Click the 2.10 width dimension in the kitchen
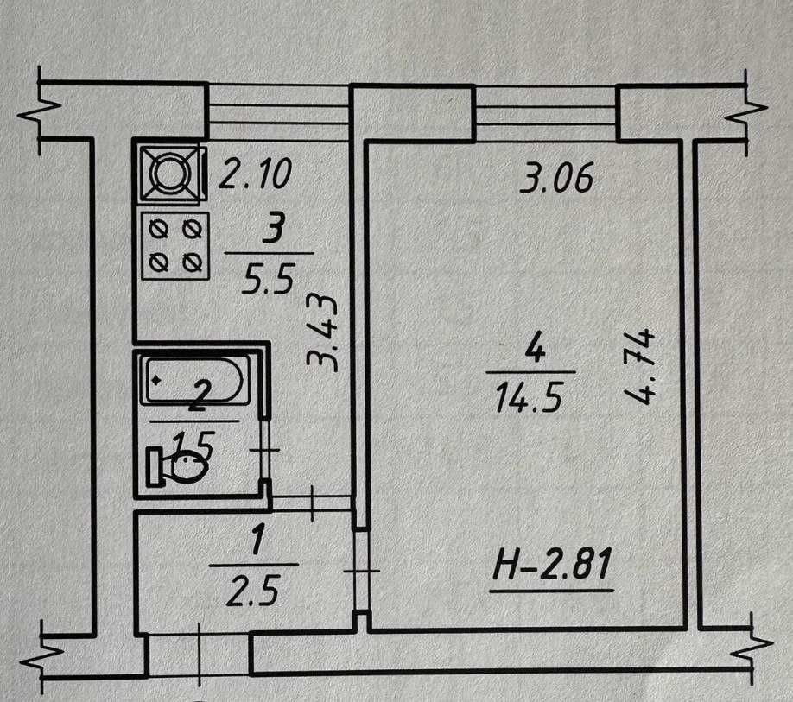(x=256, y=176)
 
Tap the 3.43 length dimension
(x=324, y=332)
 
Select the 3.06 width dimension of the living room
(x=558, y=180)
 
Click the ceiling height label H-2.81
(x=552, y=568)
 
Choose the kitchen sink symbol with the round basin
(x=170, y=173)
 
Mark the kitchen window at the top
(x=279, y=111)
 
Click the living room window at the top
(x=547, y=112)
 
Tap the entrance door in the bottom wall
(x=199, y=654)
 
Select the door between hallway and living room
(x=361, y=570)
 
